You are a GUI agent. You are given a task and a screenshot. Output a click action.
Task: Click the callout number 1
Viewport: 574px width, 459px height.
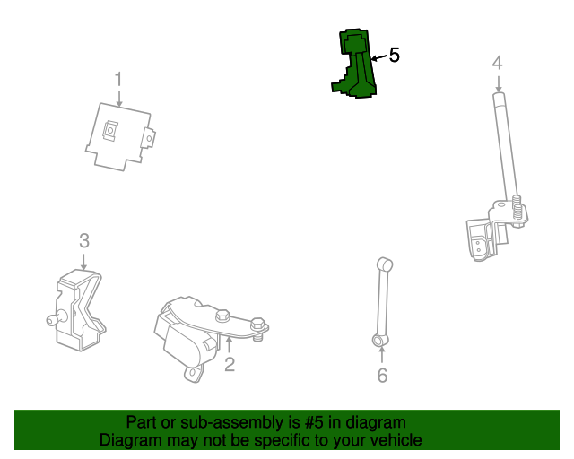[x=117, y=79]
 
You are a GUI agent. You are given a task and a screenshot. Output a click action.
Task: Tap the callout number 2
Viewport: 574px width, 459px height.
[x=230, y=364]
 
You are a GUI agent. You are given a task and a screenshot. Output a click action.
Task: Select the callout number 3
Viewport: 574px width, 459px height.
[x=84, y=241]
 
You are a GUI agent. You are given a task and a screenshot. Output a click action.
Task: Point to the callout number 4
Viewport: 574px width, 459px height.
[x=497, y=63]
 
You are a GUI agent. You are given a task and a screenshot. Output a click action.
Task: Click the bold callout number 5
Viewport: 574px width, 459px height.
[x=395, y=55]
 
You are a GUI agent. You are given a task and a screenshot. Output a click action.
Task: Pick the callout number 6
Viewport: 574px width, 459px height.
[x=382, y=376]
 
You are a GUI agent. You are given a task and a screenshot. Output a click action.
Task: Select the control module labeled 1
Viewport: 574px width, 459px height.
[x=120, y=137]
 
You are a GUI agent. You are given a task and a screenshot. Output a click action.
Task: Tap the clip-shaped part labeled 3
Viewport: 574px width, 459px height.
[x=78, y=310]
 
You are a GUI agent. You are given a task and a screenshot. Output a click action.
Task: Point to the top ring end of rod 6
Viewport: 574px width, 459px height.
[x=385, y=264]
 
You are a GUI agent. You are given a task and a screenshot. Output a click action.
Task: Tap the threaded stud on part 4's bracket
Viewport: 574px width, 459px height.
[x=517, y=210]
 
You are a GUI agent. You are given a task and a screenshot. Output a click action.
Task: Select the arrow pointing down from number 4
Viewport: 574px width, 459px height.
[x=499, y=83]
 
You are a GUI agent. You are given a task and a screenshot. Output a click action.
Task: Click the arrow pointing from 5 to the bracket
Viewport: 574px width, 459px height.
[x=378, y=57]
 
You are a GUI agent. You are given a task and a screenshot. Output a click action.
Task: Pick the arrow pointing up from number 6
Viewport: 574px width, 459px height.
[x=382, y=355]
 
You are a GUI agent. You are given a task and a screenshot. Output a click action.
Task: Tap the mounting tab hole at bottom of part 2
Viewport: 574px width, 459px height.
[x=193, y=373]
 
